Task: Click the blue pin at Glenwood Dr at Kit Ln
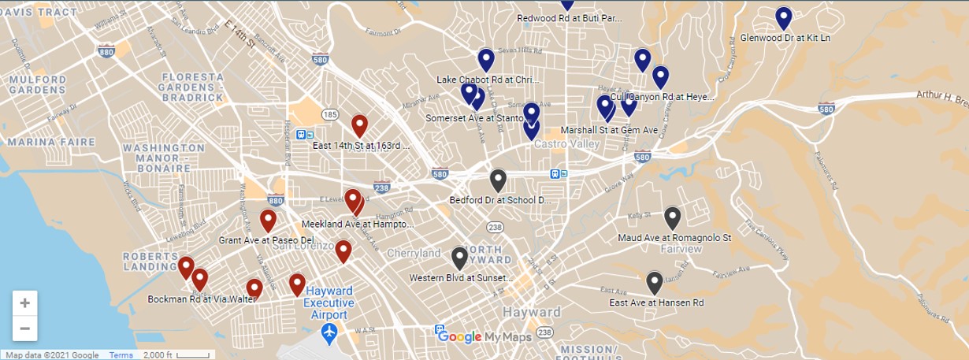coord(783,18)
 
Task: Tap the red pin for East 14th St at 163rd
coord(359,125)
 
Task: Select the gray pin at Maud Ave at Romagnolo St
coord(672,217)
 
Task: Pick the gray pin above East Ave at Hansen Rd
coord(654,282)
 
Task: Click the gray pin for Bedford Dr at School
coord(498,180)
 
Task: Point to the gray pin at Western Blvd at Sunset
coord(459,258)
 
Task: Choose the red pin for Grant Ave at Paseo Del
coord(268,221)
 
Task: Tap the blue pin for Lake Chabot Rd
coord(486,60)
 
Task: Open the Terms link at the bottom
coord(121,355)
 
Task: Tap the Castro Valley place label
coord(567,145)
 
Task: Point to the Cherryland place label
coord(414,254)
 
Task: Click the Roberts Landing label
coord(150,262)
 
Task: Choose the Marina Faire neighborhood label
coord(40,142)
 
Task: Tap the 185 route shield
coord(330,115)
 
